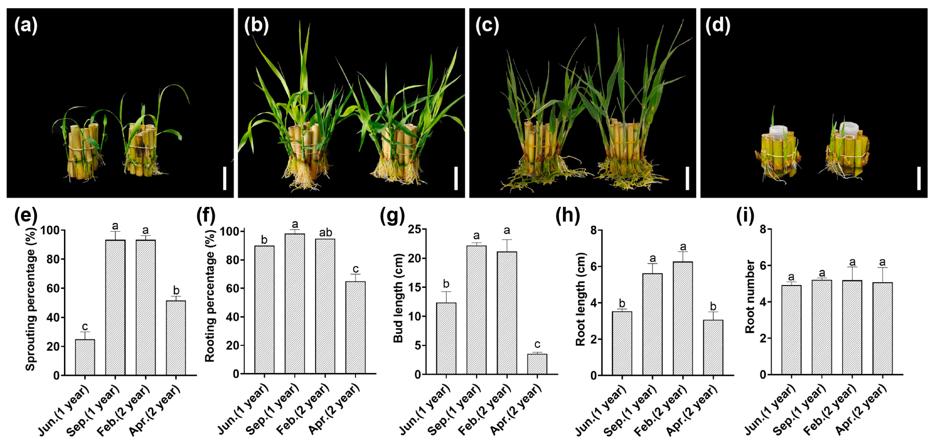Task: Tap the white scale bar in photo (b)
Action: coord(456,178)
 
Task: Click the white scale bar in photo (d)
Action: coord(919,178)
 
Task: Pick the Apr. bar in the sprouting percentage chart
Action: coord(176,337)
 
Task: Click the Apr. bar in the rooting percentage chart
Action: coord(355,327)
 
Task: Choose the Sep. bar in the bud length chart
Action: coord(476,310)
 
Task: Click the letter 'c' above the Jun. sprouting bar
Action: coord(85,326)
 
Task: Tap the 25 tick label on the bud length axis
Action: coord(414,230)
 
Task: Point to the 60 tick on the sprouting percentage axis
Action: coord(54,288)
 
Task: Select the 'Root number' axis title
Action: coord(750,296)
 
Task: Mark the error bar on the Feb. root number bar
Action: coord(852,273)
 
